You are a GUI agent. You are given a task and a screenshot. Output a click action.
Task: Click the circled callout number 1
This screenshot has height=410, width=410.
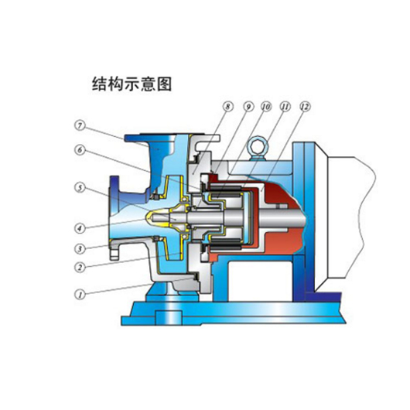pyautogui.click(x=80, y=295)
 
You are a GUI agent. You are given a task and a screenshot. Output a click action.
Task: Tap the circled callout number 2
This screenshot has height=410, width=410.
pyautogui.click(x=80, y=267)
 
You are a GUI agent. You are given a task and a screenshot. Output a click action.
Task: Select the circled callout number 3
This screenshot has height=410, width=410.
pyautogui.click(x=80, y=248)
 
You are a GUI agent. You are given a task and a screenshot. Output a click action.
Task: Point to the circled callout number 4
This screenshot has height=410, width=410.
pyautogui.click(x=80, y=228)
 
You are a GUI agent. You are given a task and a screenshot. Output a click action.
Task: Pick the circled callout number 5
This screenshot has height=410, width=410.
pyautogui.click(x=80, y=188)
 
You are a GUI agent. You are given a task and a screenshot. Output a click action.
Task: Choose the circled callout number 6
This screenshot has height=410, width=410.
pyautogui.click(x=80, y=150)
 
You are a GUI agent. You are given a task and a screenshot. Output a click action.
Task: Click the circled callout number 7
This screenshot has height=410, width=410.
pyautogui.click(x=80, y=126)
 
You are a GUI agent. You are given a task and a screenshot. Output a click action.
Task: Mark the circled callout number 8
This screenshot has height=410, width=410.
pyautogui.click(x=227, y=107)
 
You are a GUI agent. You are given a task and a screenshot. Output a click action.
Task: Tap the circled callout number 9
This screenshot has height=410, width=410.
pyautogui.click(x=248, y=107)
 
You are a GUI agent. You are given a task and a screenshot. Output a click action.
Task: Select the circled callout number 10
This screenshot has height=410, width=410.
pyautogui.click(x=266, y=107)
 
